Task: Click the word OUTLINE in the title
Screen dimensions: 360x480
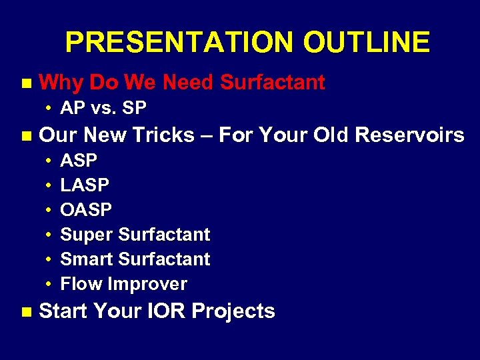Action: coord(366,43)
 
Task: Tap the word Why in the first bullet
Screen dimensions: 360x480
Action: coord(61,83)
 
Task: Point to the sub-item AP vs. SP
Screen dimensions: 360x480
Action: coord(103,108)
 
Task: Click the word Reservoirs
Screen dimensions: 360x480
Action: coord(409,135)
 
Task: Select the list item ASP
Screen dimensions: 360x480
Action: coord(79,161)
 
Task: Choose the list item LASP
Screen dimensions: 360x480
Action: coord(85,185)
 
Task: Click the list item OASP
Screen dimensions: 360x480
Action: coord(86,210)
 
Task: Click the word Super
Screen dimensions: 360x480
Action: coord(87,235)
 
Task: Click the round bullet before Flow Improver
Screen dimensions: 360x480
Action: coord(50,285)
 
